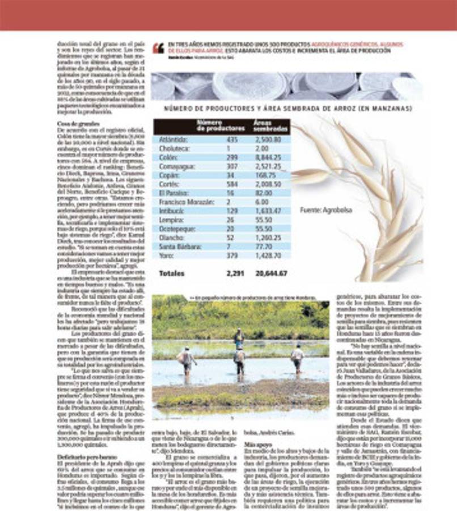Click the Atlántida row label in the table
tap(172, 139)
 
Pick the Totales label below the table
tap(172, 273)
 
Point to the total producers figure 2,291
tap(234, 273)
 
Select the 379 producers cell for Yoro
tap(232, 256)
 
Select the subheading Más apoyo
tap(257, 444)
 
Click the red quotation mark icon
tap(158, 48)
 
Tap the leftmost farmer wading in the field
tap(185, 359)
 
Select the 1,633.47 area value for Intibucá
tap(268, 211)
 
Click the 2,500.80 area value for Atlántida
tap(268, 139)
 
